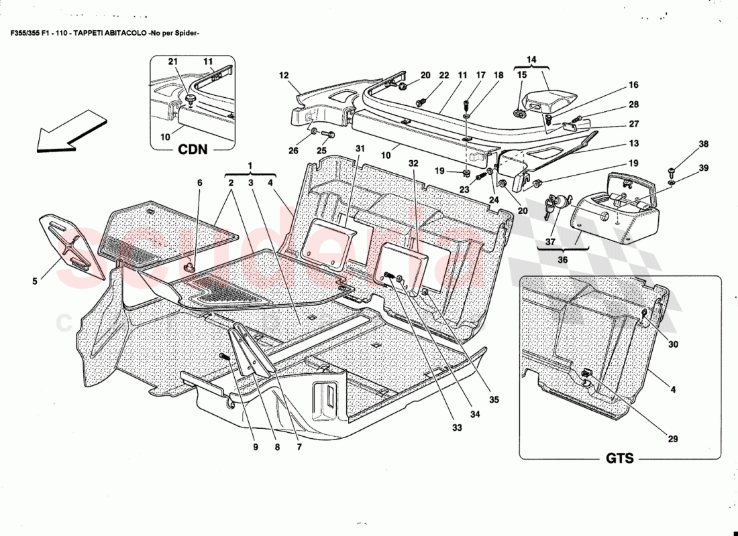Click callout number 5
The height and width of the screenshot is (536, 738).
point(34,282)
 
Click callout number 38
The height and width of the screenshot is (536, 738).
point(684,144)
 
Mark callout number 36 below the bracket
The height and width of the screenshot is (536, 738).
point(562,261)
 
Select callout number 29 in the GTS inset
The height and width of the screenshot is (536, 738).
point(672,439)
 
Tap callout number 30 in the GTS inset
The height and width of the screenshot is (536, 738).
point(673,345)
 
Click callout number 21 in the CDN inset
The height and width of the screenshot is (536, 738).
point(172,62)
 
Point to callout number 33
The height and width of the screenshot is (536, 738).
point(458,427)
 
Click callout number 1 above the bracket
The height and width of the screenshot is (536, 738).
point(250,165)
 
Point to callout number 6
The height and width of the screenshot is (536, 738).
point(199,182)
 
